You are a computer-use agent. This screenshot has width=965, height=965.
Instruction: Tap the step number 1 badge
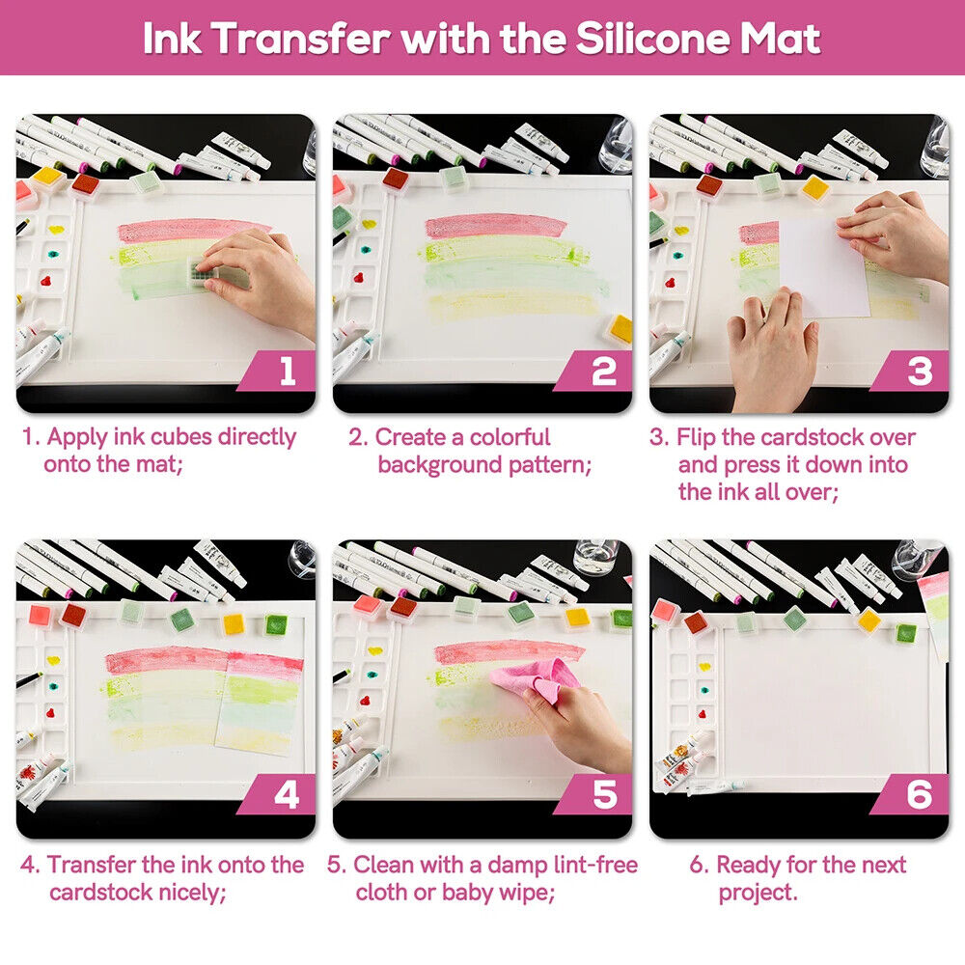[280, 371]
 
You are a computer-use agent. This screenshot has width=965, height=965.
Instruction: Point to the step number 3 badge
[913, 371]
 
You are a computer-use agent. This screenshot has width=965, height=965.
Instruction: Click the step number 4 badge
[280, 794]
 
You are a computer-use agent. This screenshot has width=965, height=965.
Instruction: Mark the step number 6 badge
[913, 794]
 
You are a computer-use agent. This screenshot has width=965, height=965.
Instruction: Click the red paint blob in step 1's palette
[46, 281]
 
